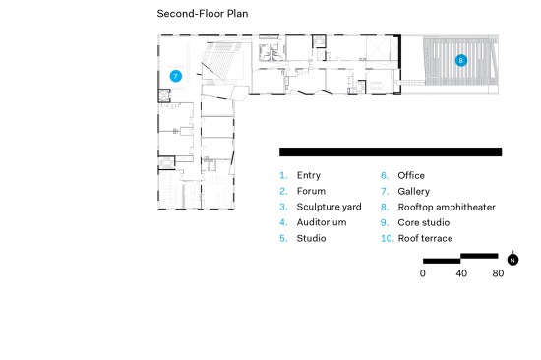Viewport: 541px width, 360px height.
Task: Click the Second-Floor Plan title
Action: point(203,14)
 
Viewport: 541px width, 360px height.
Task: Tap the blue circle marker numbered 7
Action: point(176,76)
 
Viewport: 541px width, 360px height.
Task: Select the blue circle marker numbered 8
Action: point(461,60)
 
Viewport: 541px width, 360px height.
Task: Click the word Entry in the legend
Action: point(309,175)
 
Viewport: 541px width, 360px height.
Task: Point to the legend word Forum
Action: point(311,191)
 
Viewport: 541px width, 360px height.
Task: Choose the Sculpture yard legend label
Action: point(329,207)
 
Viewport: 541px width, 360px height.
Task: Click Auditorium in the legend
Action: point(322,222)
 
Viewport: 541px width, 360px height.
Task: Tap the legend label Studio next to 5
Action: point(311,238)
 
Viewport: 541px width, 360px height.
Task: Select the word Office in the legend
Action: point(411,175)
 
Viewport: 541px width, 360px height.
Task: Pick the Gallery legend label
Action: point(413,191)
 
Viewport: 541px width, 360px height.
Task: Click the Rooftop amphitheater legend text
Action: point(447,208)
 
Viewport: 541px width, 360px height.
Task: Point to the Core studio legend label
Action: point(423,222)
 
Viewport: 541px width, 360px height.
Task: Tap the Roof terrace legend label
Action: point(425,238)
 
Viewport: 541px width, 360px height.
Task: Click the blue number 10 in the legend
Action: point(387,238)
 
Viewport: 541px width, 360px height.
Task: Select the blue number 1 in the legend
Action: point(283,175)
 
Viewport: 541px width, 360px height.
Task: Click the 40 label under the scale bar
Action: point(461,273)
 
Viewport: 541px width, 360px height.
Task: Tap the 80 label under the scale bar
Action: point(498,273)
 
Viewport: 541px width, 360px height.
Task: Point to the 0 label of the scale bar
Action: point(423,273)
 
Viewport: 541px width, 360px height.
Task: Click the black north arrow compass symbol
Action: point(512,260)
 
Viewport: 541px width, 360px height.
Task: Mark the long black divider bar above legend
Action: point(391,151)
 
